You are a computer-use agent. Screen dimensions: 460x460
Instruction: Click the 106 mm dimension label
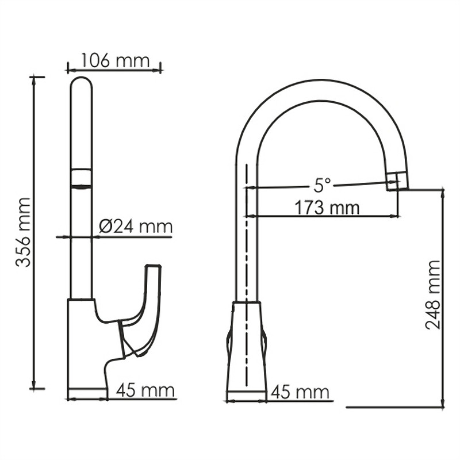tap(115, 60)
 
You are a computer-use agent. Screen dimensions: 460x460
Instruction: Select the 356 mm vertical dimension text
tap(23, 232)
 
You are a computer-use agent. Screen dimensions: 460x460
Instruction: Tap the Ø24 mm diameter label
tap(136, 226)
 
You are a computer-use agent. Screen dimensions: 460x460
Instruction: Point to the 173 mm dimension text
tap(327, 207)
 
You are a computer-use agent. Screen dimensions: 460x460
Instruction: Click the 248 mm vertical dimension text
tap(434, 295)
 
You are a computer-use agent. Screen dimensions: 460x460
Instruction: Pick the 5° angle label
tap(323, 185)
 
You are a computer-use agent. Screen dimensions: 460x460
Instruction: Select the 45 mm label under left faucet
tap(145, 391)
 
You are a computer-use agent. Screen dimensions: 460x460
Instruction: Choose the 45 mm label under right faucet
tap(300, 393)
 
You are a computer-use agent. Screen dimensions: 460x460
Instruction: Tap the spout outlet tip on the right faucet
tap(397, 181)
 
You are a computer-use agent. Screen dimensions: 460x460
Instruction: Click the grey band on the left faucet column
tap(81, 178)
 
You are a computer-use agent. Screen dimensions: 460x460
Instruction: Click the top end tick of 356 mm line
tap(37, 76)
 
